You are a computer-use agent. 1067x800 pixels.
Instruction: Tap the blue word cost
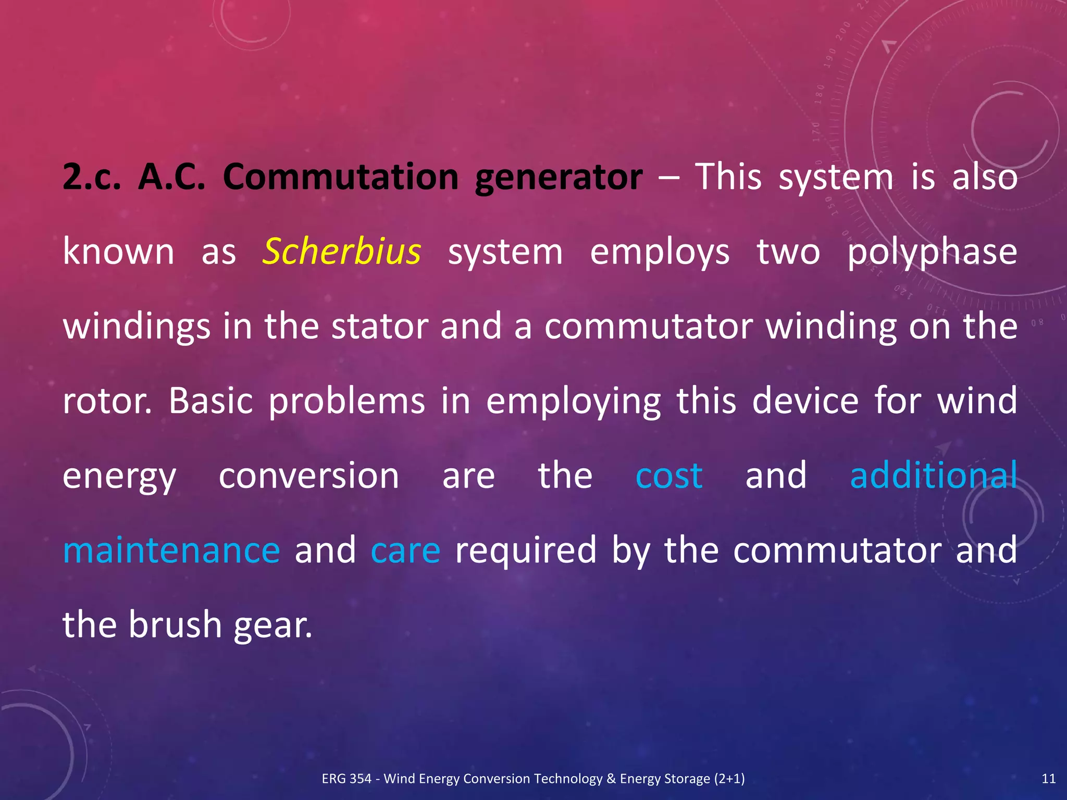tap(669, 476)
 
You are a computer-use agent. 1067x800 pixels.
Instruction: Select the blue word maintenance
tap(171, 551)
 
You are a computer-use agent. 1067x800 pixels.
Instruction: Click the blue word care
tap(405, 551)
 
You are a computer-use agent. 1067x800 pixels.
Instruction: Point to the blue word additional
tap(933, 476)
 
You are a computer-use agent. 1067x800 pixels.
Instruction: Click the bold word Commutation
tap(341, 178)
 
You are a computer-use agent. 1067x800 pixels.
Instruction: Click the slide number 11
tap(1048, 779)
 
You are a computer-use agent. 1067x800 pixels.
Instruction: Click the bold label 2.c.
tap(92, 178)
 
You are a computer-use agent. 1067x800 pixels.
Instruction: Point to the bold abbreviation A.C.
tap(171, 178)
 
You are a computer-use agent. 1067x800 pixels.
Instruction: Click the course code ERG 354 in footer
tap(346, 779)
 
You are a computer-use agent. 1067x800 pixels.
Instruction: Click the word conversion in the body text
tap(308, 476)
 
